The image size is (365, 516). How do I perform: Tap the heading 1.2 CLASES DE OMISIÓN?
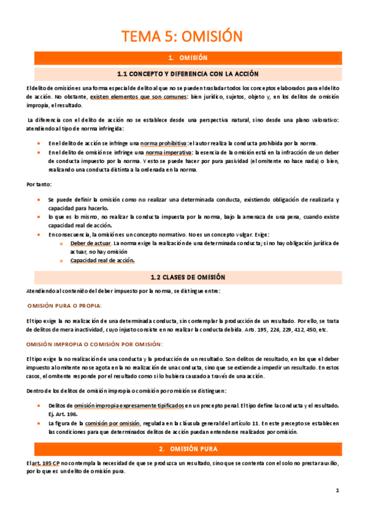(x=182, y=277)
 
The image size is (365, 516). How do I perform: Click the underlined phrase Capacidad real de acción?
(x=102, y=260)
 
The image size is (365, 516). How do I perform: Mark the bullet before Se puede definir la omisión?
(x=38, y=200)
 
